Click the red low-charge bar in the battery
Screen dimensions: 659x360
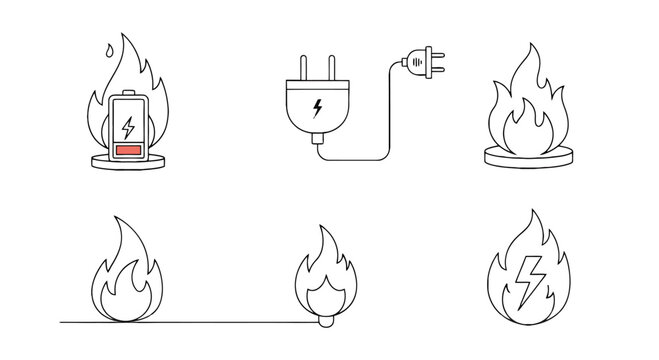coord(127,150)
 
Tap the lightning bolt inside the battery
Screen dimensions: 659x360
coord(127,128)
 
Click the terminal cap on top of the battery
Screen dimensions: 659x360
coord(127,94)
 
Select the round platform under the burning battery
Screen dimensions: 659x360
coord(127,163)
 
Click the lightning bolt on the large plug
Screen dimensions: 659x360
coord(317,106)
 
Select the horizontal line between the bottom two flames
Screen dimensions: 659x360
coord(220,322)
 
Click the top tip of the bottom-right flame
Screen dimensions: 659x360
coord(537,213)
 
